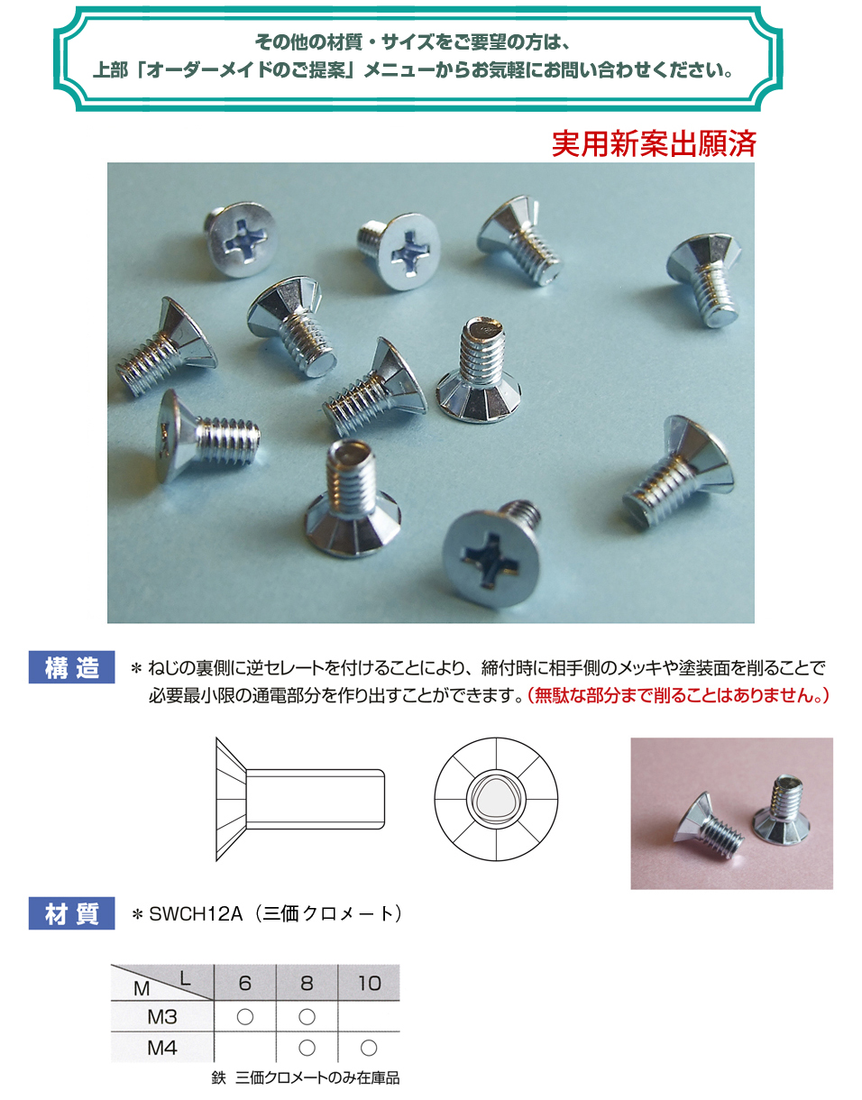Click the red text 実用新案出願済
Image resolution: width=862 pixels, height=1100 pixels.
(654, 144)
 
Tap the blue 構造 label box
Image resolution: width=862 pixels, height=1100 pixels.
(71, 667)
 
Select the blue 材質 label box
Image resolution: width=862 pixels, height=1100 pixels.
(71, 913)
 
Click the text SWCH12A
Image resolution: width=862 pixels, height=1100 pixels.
(196, 914)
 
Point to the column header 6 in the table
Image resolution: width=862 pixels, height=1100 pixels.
(245, 983)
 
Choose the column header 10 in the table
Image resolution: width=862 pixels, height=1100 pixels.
(369, 983)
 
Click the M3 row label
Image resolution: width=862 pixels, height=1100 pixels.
(162, 1017)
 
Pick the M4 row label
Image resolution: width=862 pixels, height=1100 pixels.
(162, 1048)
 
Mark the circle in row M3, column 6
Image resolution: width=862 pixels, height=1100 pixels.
(245, 1017)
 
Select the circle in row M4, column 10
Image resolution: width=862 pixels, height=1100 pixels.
(369, 1048)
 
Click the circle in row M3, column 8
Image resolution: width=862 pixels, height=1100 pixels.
(307, 1017)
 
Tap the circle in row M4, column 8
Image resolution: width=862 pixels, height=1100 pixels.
(307, 1048)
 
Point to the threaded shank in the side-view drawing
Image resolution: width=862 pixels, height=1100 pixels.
(315, 800)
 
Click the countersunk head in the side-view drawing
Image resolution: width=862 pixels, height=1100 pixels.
(231, 800)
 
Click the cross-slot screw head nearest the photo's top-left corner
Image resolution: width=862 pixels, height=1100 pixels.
(242, 240)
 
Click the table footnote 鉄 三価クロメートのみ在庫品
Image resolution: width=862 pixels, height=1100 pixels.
(306, 1078)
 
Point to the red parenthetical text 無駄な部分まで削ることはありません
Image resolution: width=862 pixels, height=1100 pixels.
(678, 695)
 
